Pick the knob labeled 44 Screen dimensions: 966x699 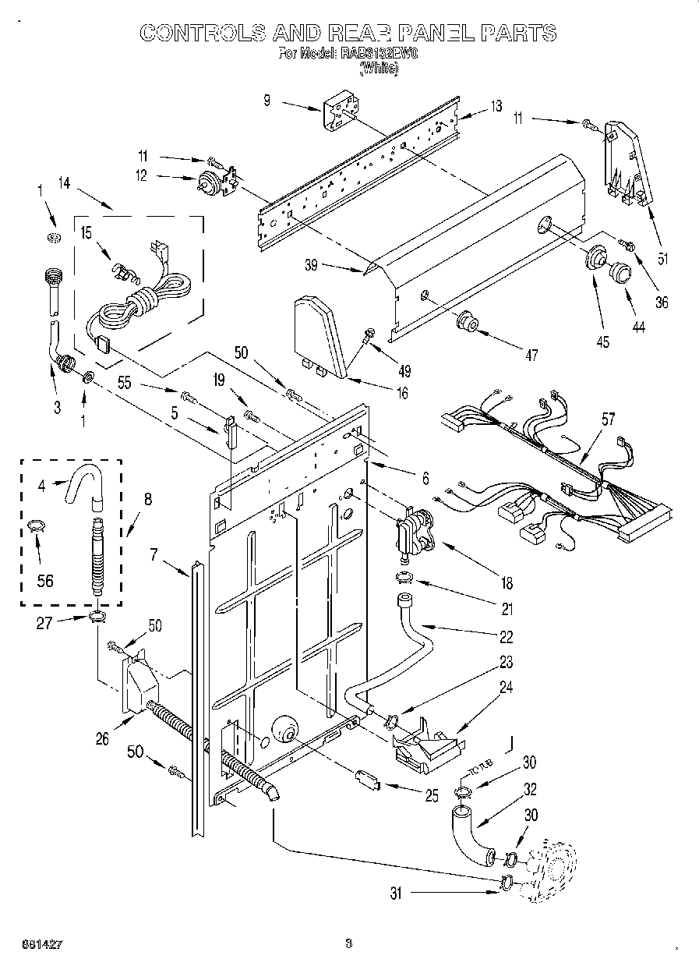pos(620,271)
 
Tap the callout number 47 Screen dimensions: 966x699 pos(531,356)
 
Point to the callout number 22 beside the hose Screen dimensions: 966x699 pos(506,637)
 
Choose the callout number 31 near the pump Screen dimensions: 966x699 pos(397,894)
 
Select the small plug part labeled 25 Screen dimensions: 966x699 pos(367,778)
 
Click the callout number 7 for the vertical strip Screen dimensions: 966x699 pos(154,554)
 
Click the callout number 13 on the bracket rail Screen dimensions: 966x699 pos(496,107)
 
